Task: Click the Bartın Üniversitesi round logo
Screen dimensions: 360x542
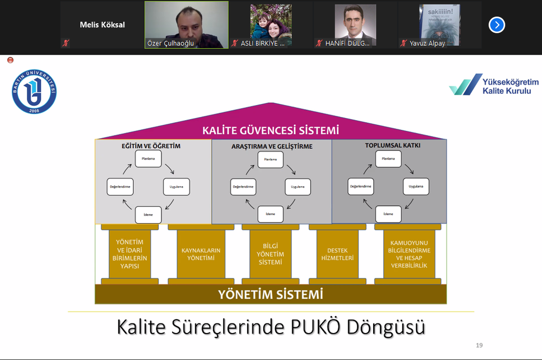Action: [x=34, y=92]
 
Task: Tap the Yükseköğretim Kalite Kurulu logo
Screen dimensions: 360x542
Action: [x=494, y=85]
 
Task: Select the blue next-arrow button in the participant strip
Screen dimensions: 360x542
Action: [x=496, y=25]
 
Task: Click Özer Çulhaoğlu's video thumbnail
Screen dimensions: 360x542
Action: [x=186, y=25]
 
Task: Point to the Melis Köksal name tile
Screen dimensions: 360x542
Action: [x=102, y=25]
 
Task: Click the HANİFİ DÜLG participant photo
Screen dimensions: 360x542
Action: [x=355, y=25]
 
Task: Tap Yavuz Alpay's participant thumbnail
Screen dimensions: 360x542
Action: [x=439, y=25]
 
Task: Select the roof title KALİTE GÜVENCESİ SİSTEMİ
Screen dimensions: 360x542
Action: [x=270, y=130]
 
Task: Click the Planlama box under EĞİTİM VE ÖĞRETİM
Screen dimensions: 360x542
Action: [x=148, y=159]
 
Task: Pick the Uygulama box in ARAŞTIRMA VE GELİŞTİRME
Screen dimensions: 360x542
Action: [x=298, y=187]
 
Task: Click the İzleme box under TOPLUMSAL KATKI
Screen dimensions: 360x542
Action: [x=389, y=214]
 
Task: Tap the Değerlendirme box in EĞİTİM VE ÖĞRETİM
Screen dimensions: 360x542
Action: [x=120, y=187]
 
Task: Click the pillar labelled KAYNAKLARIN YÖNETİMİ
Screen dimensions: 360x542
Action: [x=201, y=254]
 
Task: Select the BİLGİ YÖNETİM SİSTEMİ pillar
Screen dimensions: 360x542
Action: [x=270, y=254]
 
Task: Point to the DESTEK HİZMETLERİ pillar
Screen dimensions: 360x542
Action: [x=337, y=254]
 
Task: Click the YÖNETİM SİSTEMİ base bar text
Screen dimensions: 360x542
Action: [x=270, y=294]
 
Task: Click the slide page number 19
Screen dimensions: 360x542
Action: [x=479, y=345]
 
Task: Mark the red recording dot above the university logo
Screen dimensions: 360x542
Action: [x=10, y=60]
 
